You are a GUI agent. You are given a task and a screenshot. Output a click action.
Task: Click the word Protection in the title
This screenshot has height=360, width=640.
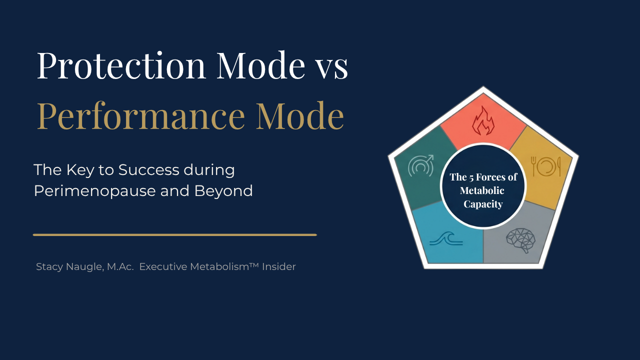point(121,65)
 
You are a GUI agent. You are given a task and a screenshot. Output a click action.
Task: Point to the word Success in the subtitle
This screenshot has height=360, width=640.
point(148,169)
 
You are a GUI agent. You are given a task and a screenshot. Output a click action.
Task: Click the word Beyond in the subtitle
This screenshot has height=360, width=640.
point(223,191)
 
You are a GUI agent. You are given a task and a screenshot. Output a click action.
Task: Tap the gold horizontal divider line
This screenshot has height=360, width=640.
point(175,235)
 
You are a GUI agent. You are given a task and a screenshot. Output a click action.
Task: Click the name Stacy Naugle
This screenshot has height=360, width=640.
point(69,267)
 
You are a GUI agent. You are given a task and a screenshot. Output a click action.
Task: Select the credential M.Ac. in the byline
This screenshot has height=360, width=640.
point(120,267)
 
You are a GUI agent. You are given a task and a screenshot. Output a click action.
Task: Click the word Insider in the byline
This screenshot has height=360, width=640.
point(278,266)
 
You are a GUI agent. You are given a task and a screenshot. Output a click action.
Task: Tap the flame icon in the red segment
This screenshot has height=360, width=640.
point(483,120)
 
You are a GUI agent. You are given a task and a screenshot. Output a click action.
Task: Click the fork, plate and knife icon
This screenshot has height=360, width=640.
point(545,166)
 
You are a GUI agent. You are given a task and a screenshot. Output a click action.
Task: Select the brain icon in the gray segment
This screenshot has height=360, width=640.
point(520,240)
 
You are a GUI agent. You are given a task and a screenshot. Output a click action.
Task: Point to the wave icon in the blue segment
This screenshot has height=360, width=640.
point(446,238)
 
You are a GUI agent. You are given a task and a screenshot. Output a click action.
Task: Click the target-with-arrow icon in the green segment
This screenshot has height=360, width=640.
point(421,165)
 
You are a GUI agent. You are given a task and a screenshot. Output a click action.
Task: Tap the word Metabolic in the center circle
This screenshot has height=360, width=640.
point(482,190)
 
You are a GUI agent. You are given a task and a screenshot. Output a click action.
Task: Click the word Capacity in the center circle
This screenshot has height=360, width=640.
point(483,204)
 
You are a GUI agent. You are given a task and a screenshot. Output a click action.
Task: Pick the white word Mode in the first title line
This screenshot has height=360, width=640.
point(261,65)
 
